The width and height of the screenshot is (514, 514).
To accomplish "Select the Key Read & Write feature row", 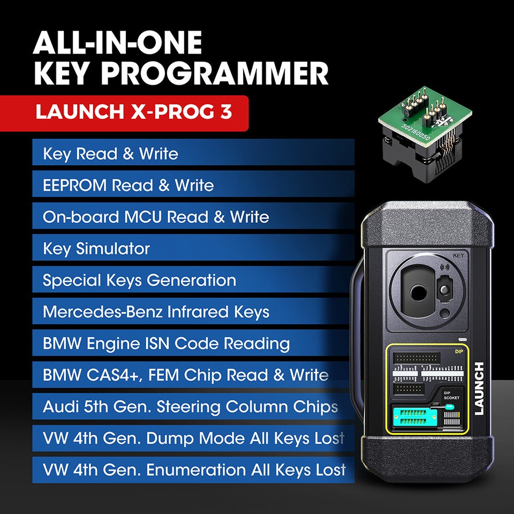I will [193, 154].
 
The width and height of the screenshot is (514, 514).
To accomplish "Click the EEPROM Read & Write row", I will [193, 185].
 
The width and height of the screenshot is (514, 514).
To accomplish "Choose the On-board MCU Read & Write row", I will [193, 217].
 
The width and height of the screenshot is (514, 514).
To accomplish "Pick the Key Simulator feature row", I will [193, 248].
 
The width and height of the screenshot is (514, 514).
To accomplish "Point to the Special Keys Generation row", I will [193, 280].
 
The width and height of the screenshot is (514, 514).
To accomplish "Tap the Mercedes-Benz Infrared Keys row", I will [193, 312].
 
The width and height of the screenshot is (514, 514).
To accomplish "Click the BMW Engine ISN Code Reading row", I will [193, 343].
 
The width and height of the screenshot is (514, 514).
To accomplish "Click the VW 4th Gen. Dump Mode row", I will [193, 439].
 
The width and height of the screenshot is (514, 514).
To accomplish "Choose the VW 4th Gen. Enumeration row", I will [193, 470].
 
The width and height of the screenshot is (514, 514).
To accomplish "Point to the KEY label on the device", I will [458, 256].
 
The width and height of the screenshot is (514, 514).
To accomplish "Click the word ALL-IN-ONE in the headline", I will [118, 43].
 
